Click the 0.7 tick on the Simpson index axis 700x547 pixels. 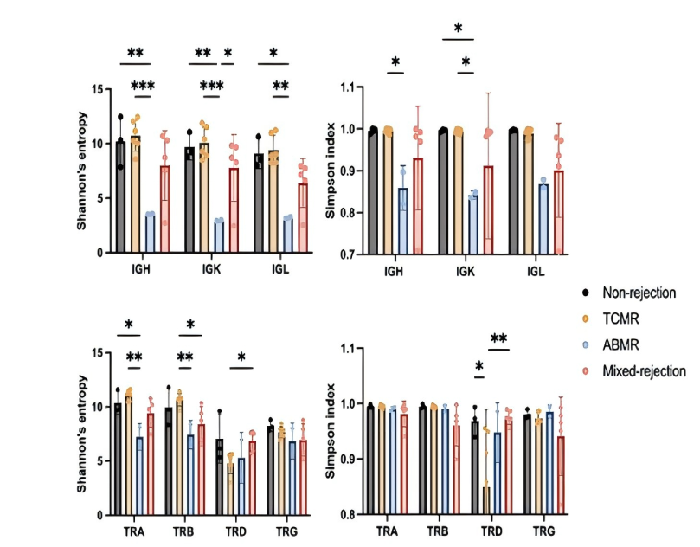click(345, 253)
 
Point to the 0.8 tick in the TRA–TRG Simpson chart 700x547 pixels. click(347, 515)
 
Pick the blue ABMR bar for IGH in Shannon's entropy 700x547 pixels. click(150, 233)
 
